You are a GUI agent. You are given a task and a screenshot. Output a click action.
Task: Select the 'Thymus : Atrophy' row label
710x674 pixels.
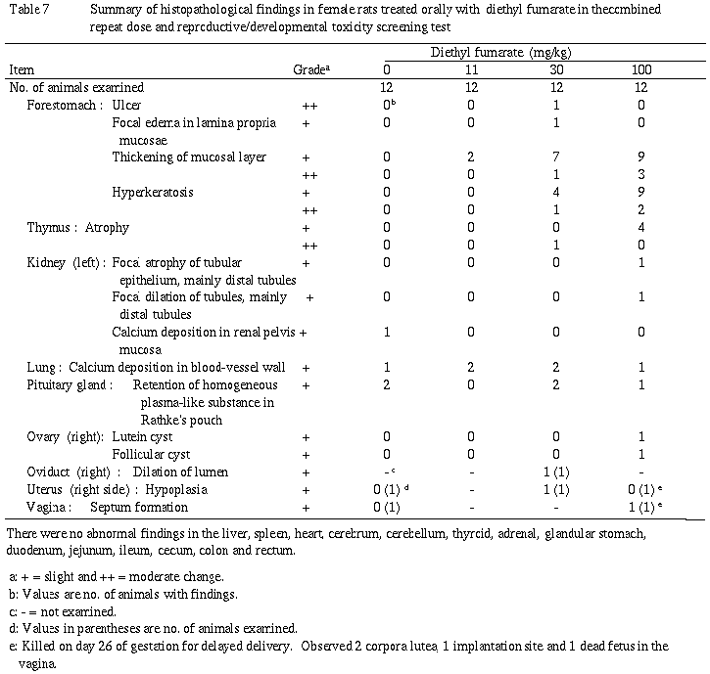tap(77, 227)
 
